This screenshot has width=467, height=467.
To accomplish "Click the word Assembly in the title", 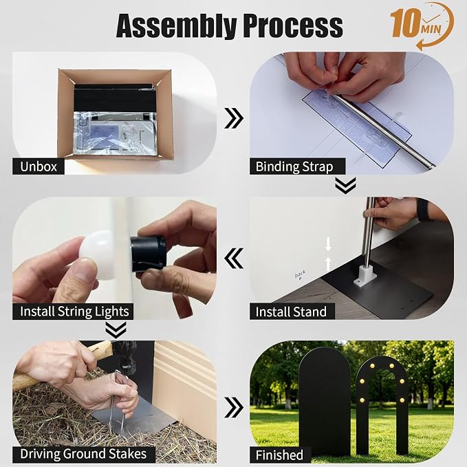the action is click(x=177, y=26).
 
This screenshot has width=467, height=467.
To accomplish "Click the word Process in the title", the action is click(x=293, y=25).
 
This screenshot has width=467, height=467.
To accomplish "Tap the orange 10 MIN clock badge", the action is click(x=422, y=26).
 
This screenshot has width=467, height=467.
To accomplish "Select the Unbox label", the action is click(x=39, y=166).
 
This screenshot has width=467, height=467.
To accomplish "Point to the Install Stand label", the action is click(x=292, y=312).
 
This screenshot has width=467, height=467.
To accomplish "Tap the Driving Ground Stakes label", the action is click(x=83, y=454).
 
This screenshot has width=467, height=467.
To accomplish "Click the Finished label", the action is click(x=279, y=455).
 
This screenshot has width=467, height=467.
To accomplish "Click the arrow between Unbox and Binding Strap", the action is click(x=234, y=118).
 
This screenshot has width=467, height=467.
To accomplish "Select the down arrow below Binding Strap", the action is click(x=345, y=185).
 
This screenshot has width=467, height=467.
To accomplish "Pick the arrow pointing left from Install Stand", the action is click(x=234, y=258).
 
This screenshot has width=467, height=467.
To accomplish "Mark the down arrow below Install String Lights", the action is click(x=116, y=330).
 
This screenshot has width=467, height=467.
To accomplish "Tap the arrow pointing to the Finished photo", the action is click(x=234, y=407).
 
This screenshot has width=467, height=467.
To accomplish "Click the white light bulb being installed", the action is click(x=96, y=256).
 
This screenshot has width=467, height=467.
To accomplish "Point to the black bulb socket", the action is click(x=148, y=254).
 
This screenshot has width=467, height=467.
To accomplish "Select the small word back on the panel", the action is click(x=300, y=274).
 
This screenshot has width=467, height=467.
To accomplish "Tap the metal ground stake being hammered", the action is click(x=118, y=400).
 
